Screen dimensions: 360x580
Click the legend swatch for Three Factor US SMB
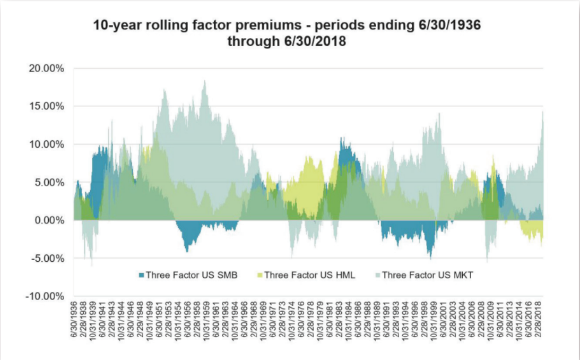141,275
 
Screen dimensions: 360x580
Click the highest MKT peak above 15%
205,81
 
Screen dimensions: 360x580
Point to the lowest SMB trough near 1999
430,258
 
